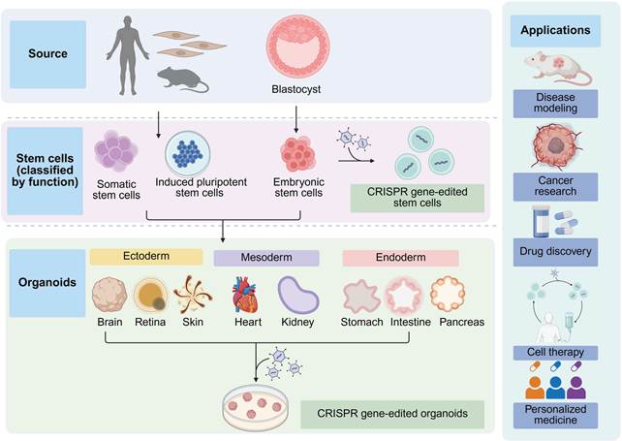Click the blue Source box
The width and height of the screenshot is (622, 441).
coord(48,54)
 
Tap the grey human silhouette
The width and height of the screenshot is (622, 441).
coord(128,55)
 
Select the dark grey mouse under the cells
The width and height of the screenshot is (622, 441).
coord(182,79)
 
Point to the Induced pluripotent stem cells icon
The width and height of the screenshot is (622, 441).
coord(188,153)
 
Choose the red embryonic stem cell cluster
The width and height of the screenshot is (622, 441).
coord(297,154)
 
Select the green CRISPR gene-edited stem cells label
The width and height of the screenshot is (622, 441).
coord(418,198)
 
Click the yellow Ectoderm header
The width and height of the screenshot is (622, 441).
coord(146,257)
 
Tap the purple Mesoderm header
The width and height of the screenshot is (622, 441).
coord(266,258)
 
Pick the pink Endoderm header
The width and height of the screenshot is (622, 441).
coord(401,258)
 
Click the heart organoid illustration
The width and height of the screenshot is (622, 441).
coord(245,295)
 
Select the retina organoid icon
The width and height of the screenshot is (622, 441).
coord(150,295)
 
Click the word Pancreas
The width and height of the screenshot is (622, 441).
coord(462,322)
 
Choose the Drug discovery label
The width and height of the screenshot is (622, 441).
coord(555,252)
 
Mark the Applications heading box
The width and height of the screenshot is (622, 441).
coord(555,31)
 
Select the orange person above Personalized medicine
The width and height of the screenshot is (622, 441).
coord(535,388)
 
